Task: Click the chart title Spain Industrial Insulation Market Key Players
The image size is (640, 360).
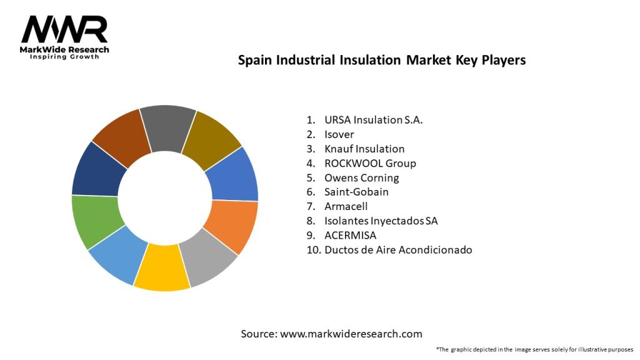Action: (x=382, y=61)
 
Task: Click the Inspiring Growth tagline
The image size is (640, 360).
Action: (x=64, y=57)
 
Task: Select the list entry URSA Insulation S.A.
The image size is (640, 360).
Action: (x=374, y=120)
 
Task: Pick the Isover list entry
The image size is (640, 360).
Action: (x=339, y=134)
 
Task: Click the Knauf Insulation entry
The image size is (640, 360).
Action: (x=364, y=149)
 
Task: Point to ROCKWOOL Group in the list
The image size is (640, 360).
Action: (x=370, y=163)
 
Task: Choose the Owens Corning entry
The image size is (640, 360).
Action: (x=362, y=177)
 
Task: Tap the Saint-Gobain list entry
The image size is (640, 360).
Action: (x=356, y=192)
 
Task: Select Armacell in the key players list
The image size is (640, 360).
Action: (x=346, y=206)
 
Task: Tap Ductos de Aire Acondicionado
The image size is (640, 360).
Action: (x=398, y=249)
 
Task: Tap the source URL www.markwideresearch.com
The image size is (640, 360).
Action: (x=351, y=334)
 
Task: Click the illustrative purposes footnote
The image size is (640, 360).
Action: (x=534, y=349)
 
